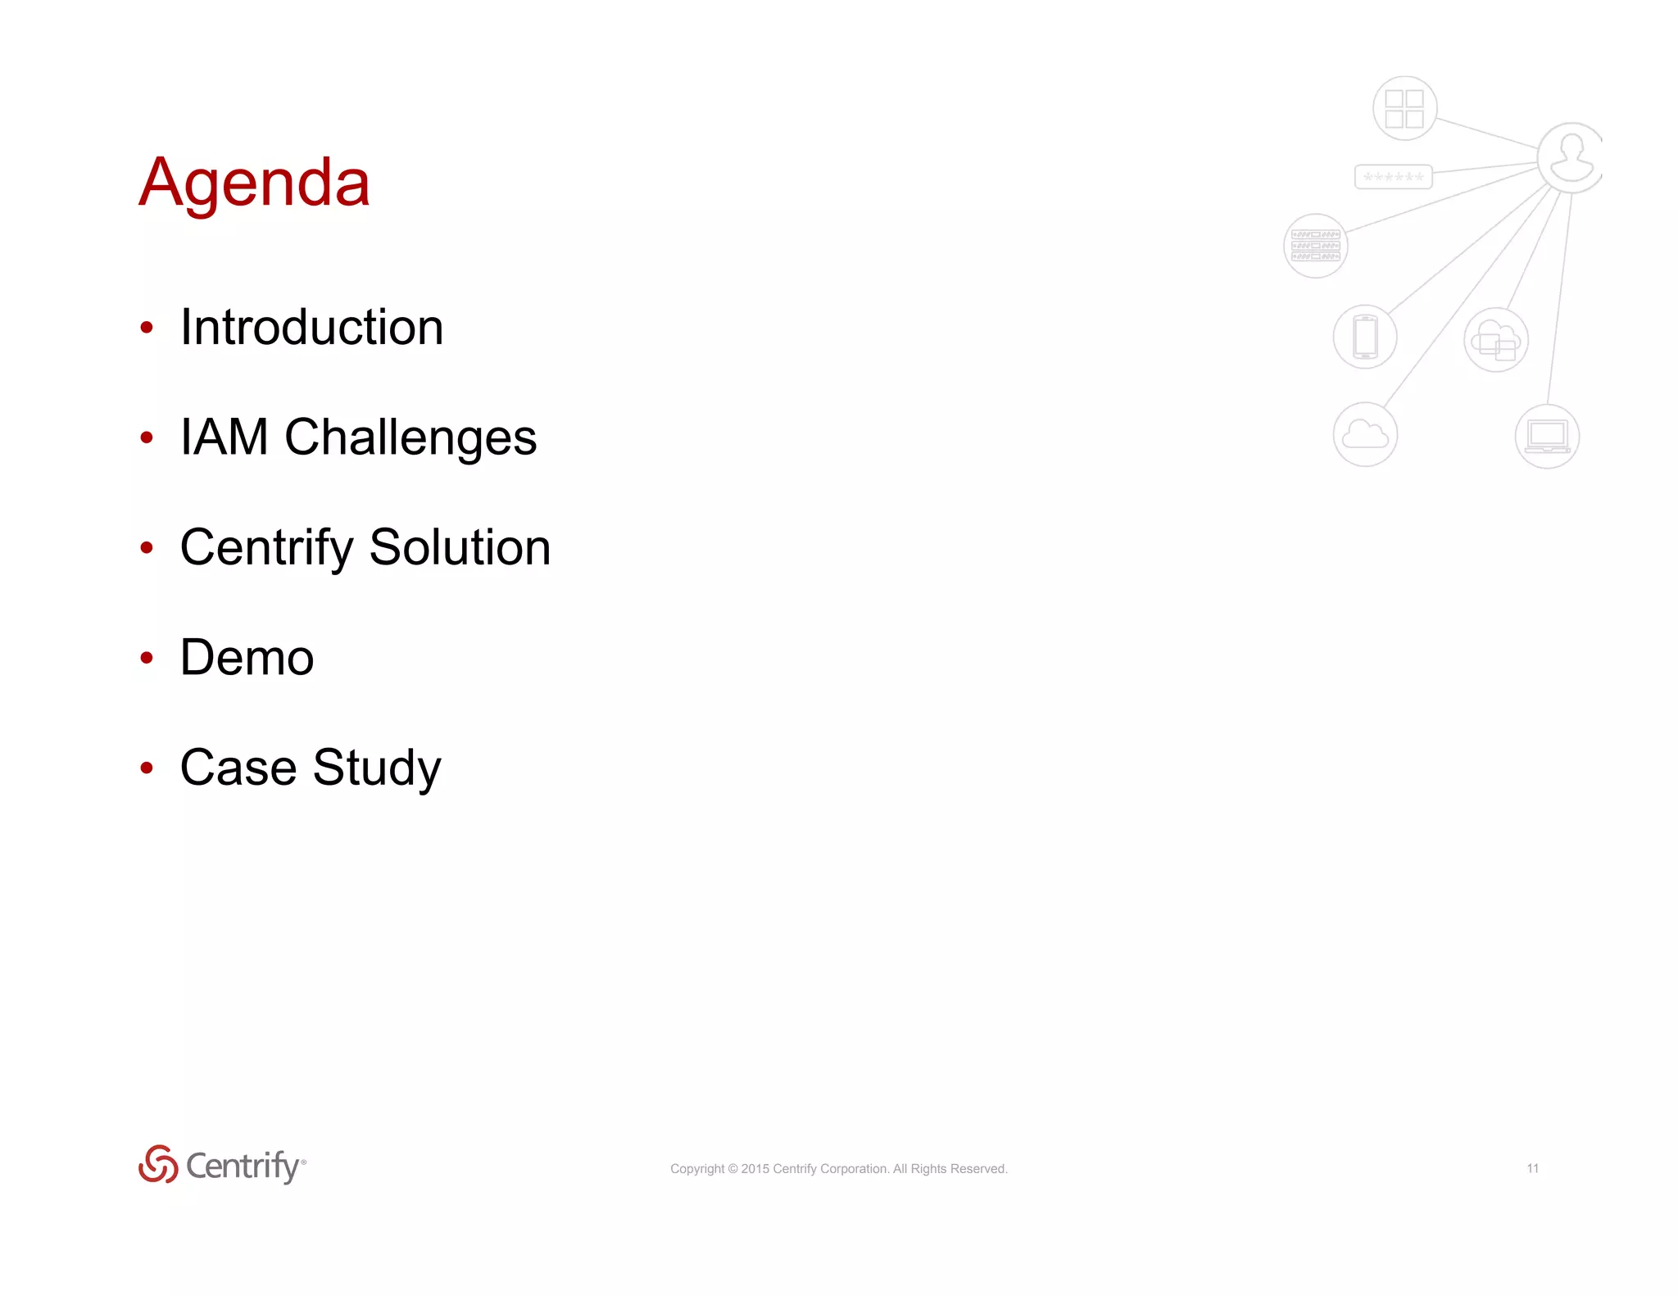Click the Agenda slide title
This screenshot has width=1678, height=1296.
(x=254, y=182)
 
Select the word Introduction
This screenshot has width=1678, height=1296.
(x=311, y=328)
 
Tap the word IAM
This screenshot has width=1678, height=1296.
(x=224, y=437)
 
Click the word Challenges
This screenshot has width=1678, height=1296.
(x=410, y=438)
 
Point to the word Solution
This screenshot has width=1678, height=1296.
(x=460, y=547)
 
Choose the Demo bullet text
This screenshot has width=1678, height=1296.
(x=247, y=658)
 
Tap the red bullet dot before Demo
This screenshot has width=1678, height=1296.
(x=147, y=658)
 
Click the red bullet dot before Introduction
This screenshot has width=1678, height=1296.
(x=147, y=328)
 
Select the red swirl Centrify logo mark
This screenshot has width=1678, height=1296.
(x=158, y=1164)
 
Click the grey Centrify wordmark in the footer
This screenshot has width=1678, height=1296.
(x=243, y=1166)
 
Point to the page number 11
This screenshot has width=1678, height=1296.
(x=1532, y=1168)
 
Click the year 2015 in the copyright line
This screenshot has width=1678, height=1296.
(x=755, y=1169)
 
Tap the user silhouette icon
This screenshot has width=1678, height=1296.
(x=1571, y=157)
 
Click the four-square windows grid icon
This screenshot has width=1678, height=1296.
(x=1404, y=108)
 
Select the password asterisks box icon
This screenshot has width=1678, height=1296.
(x=1393, y=177)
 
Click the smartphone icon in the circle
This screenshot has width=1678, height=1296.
(x=1365, y=337)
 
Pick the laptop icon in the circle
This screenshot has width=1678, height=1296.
(x=1547, y=437)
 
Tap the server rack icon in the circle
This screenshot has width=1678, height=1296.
(x=1315, y=246)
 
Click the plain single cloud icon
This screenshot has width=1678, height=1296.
(x=1365, y=434)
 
